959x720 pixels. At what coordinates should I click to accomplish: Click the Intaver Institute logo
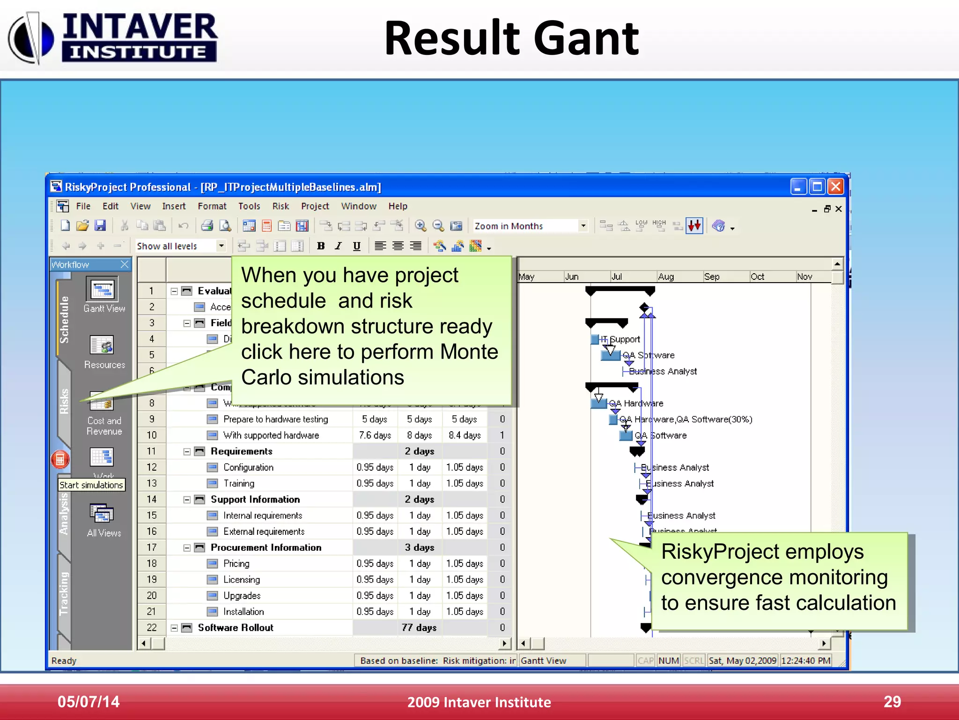(x=112, y=37)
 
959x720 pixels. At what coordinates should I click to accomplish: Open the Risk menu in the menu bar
(x=280, y=206)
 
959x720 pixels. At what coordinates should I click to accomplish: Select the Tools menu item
(x=249, y=206)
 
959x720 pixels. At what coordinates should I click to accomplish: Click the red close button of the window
(x=836, y=187)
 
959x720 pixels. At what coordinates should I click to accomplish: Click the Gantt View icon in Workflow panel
(x=103, y=290)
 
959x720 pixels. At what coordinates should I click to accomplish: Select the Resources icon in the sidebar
(x=103, y=346)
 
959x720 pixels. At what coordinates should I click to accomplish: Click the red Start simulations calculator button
(x=60, y=459)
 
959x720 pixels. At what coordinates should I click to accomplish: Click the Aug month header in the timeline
(x=666, y=277)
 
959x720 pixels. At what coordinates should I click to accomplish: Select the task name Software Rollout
(x=235, y=628)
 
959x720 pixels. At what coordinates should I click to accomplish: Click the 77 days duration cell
(x=419, y=628)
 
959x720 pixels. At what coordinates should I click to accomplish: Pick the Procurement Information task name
(x=266, y=547)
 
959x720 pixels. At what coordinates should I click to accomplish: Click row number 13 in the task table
(x=151, y=483)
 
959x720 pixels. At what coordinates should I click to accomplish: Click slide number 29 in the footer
(x=892, y=702)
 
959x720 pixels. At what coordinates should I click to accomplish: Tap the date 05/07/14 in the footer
(x=89, y=702)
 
